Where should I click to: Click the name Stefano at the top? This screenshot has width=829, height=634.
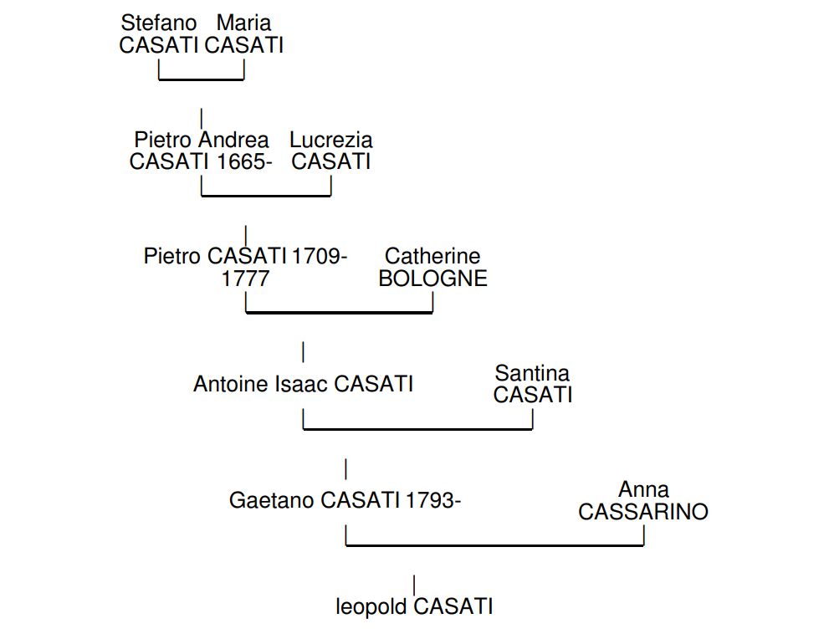[159, 23]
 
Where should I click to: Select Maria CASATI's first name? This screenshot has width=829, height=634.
[243, 23]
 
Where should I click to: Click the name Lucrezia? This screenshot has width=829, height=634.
[331, 140]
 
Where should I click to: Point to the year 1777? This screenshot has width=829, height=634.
[245, 279]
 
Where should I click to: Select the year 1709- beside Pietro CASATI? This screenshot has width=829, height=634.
[320, 256]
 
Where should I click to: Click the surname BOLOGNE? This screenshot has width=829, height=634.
[432, 279]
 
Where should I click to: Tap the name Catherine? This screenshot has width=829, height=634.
[432, 256]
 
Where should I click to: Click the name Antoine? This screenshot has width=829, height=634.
[231, 384]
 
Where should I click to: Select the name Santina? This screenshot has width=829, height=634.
[532, 373]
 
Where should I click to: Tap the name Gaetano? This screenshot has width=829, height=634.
[272, 500]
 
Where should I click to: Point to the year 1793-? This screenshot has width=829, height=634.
[434, 500]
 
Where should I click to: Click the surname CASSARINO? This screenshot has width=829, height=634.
[643, 512]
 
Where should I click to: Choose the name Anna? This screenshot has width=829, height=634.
[643, 489]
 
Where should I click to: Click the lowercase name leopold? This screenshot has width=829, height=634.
[372, 606]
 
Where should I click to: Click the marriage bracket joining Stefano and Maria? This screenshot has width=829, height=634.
[202, 80]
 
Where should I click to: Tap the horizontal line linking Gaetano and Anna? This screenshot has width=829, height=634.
[494, 545]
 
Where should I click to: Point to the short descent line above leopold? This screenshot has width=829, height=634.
[414, 585]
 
